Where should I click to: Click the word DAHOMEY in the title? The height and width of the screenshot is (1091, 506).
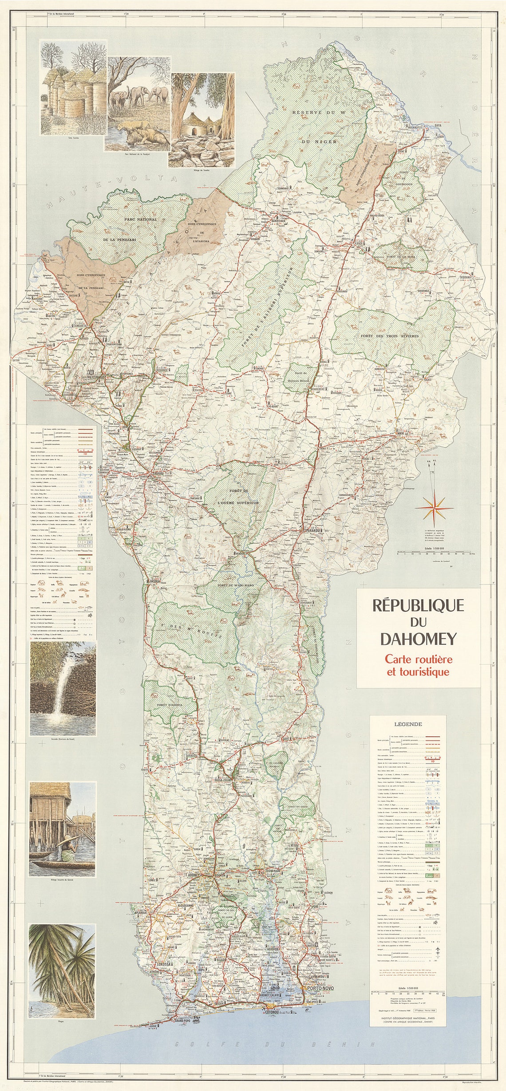[418, 639]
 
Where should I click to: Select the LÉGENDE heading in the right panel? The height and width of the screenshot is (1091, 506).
[408, 724]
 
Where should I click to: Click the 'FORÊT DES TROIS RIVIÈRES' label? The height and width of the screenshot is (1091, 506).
[390, 336]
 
